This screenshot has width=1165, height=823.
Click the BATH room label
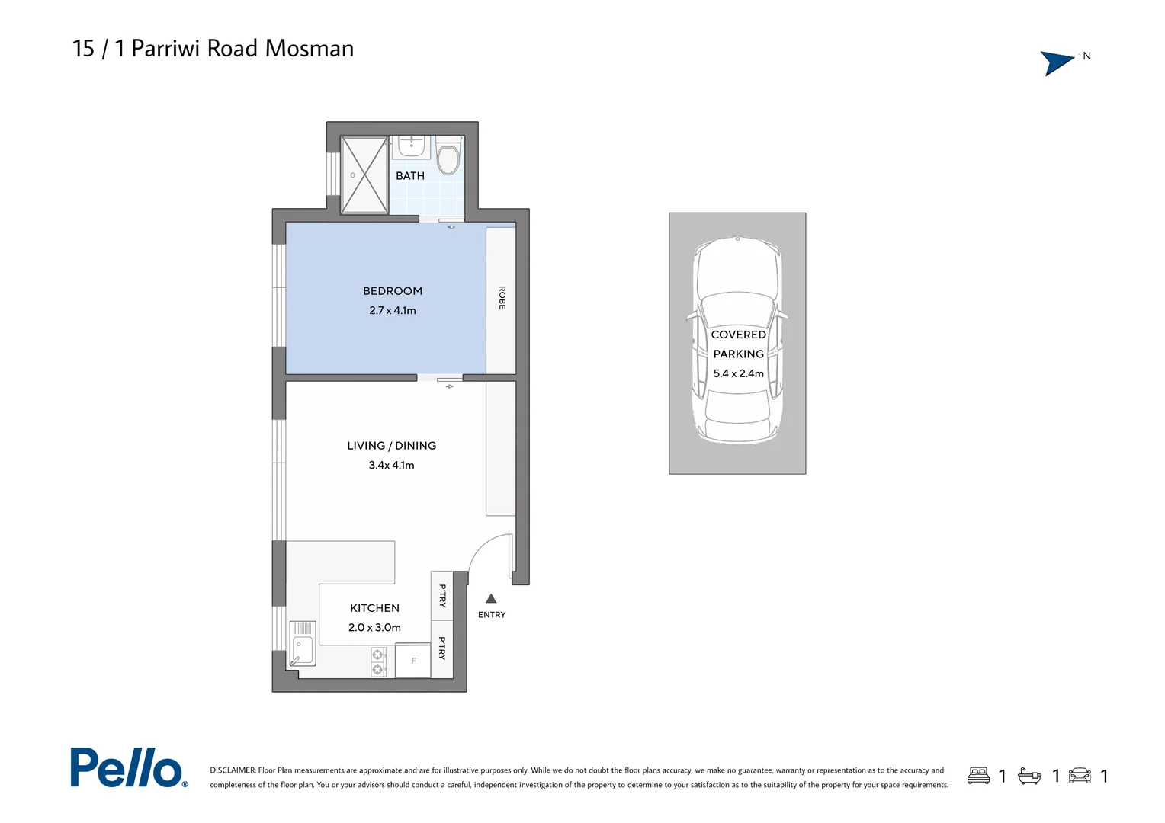[409, 176]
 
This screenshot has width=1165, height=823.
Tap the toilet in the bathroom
[448, 159]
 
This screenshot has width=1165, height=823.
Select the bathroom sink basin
[412, 146]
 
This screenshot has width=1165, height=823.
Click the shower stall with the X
[364, 175]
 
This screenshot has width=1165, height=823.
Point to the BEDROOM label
[392, 291]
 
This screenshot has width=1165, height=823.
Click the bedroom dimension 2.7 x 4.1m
[392, 311]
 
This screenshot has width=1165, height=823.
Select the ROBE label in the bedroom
[502, 298]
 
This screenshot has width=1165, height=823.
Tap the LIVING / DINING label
[391, 446]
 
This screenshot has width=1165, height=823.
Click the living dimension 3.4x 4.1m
[391, 466]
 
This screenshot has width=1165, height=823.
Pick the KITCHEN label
[374, 608]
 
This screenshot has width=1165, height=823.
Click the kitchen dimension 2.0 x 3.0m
[374, 628]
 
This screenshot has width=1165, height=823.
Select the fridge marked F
[413, 661]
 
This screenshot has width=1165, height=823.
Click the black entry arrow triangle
[491, 599]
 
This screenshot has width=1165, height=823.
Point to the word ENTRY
[492, 615]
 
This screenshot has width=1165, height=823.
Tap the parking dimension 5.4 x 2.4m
[738, 374]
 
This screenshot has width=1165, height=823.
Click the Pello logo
[128, 767]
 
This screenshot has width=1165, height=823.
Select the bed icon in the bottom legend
[978, 776]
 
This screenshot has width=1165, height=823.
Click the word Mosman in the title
[309, 49]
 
